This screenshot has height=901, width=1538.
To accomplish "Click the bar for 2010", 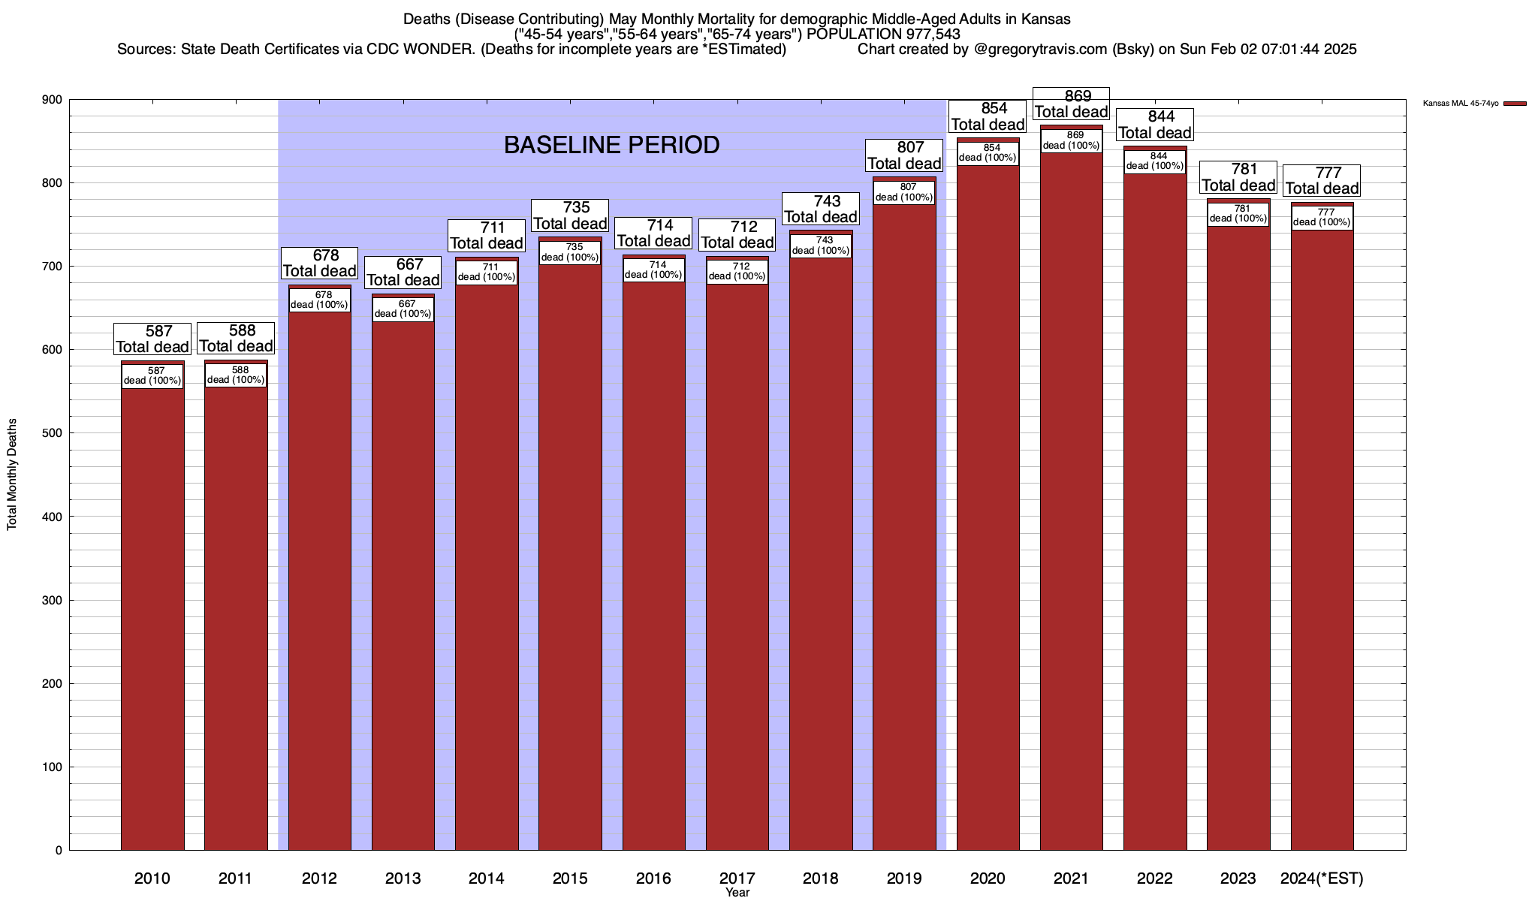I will [152, 616].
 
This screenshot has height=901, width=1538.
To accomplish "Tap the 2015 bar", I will [570, 556].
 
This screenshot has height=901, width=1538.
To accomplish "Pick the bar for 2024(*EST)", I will [1322, 541].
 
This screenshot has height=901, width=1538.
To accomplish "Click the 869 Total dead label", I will [1071, 104].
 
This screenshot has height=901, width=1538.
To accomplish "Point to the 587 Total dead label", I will [152, 339].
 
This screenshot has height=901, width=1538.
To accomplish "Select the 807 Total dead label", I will [904, 155].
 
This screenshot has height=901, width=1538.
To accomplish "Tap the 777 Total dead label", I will [1322, 180].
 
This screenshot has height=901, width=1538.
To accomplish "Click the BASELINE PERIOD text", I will [611, 145].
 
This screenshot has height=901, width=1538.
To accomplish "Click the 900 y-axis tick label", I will [53, 100].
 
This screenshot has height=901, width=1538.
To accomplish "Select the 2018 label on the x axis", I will [820, 878].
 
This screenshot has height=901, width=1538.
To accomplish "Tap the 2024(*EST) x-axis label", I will [1322, 878].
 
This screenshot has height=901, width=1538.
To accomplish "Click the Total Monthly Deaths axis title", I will [12, 475].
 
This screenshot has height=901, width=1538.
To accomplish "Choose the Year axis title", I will [737, 893].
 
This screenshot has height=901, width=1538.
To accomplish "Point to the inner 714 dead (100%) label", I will [653, 270].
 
